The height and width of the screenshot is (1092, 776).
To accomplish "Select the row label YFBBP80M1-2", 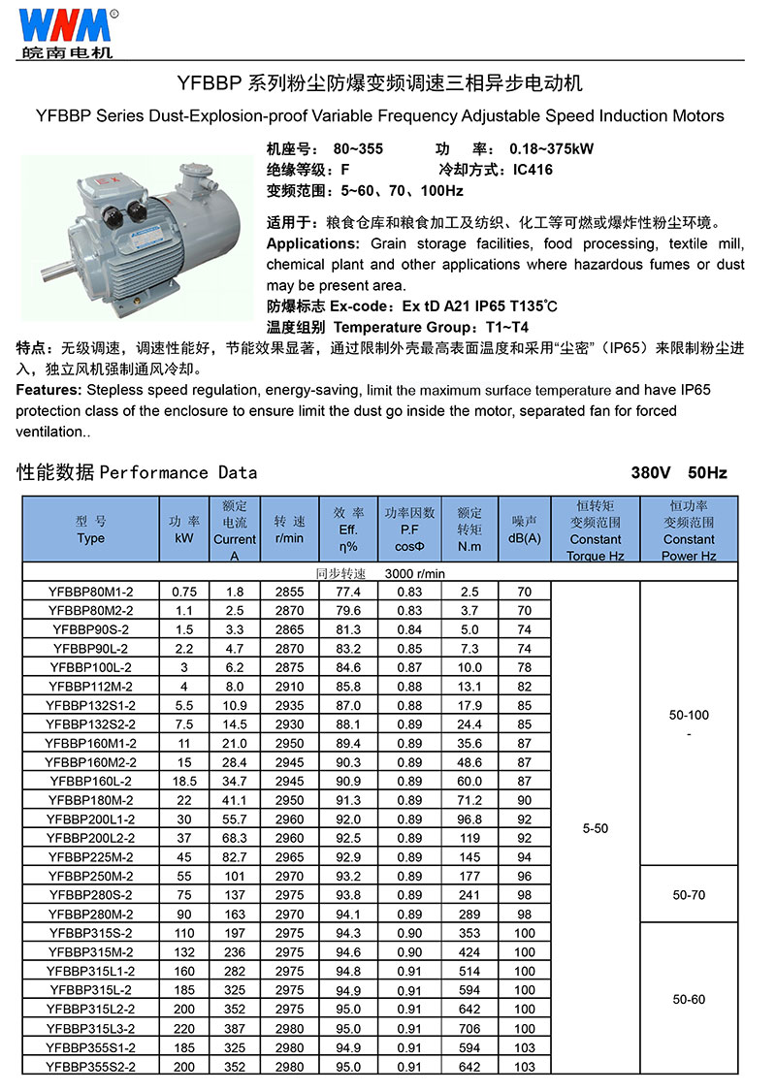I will pos(90,592).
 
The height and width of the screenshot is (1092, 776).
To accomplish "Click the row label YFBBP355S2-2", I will pos(90,1067).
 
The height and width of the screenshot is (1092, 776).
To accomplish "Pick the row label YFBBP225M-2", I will pos(90,857).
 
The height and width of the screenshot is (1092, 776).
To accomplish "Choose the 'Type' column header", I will pos(90,538).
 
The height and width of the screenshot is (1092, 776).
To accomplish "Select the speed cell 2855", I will pos(289,592).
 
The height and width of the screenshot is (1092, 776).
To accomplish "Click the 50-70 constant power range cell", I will pos(689,895).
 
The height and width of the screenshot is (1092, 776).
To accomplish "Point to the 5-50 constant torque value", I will pos(596,829).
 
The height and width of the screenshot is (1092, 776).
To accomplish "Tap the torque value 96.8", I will pos(469,819).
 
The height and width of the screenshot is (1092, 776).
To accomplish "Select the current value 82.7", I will pos(235,857).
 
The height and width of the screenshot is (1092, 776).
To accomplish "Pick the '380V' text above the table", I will pos(652,473).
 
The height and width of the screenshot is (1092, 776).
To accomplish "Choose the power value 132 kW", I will pos(184,952).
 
